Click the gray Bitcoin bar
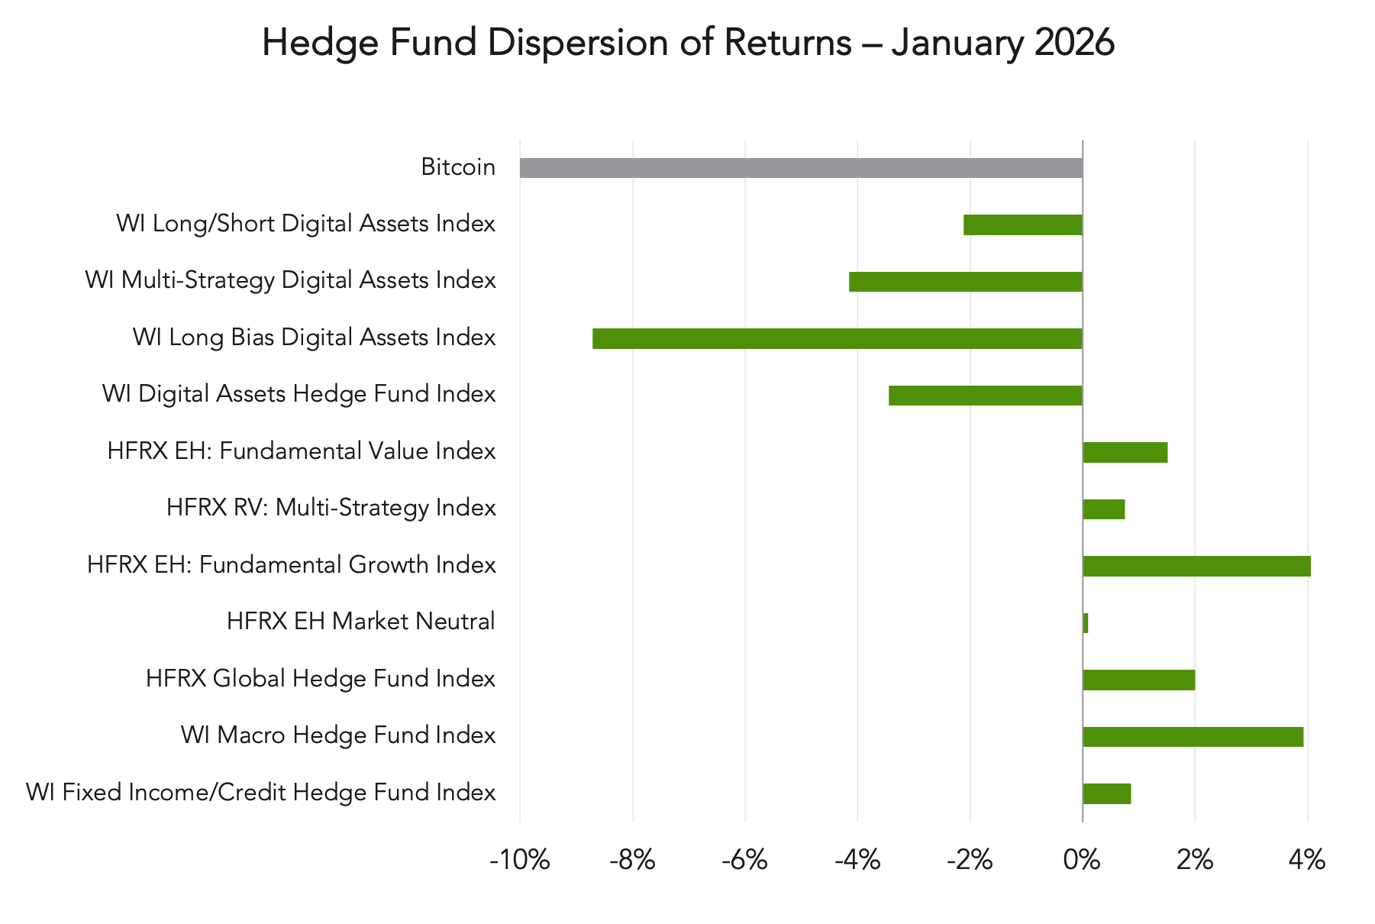point(801,168)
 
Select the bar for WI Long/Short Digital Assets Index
point(1023,225)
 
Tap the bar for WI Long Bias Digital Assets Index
point(838,338)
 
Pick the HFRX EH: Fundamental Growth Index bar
point(1196,566)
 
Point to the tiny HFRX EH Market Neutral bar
point(1086,623)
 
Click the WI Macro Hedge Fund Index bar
point(1193,737)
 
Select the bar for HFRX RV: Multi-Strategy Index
point(1104,509)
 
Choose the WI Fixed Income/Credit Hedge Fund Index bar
point(1107,793)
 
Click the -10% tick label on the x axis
point(519,861)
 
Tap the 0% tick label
point(1082,861)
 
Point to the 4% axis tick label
point(1307,861)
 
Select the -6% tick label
point(744,861)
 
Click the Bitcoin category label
point(458,166)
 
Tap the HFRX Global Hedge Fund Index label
point(321,678)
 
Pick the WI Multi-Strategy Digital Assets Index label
point(290,280)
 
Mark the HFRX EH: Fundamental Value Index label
point(302,451)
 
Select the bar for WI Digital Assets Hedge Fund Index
point(985,396)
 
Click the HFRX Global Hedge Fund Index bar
point(1138,680)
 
